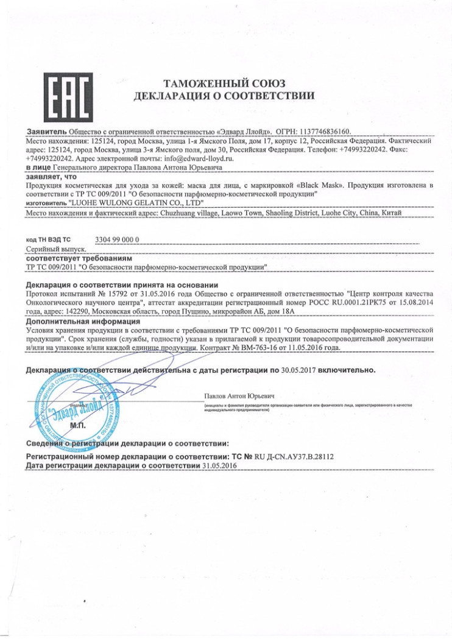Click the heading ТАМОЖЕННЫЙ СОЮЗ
click(x=225, y=83)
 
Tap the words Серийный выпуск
click(x=55, y=249)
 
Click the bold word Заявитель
click(x=46, y=132)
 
